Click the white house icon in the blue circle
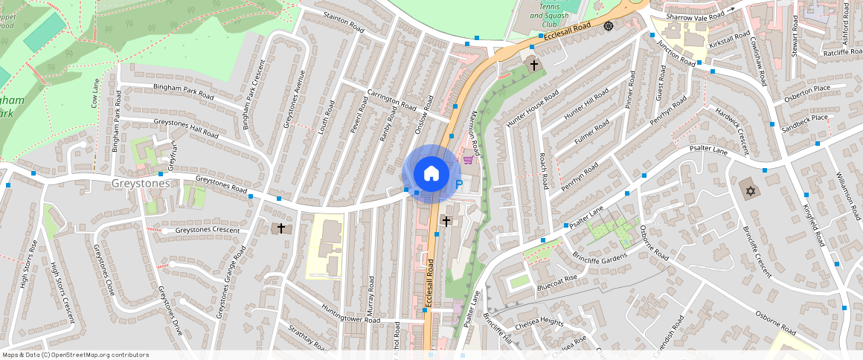pos(431,174)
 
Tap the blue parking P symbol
pos(458,184)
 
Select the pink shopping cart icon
pos(468,159)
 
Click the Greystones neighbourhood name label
pos(141,183)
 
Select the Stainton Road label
pos(343,22)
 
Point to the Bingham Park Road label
pos(183,92)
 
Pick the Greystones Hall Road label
pos(185,128)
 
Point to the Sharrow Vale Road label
pos(695,16)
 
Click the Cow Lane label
pos(95,93)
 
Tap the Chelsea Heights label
pos(539,321)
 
